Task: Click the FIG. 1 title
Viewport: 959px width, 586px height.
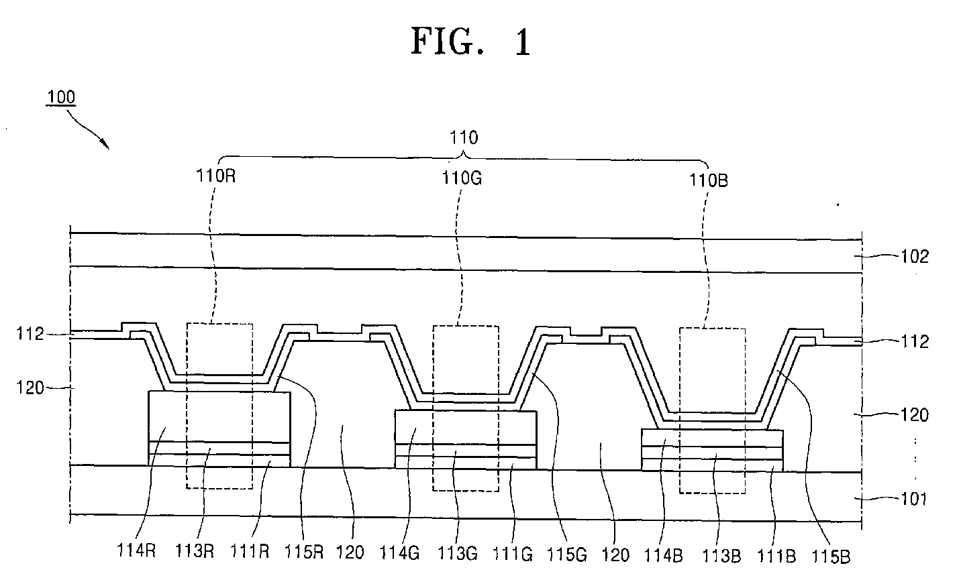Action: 470,42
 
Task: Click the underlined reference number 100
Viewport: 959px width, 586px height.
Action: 61,97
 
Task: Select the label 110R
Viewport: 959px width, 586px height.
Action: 215,178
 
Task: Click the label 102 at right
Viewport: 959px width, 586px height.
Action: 915,256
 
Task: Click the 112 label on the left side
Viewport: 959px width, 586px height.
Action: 30,333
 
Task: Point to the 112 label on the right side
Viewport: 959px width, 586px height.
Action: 915,342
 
